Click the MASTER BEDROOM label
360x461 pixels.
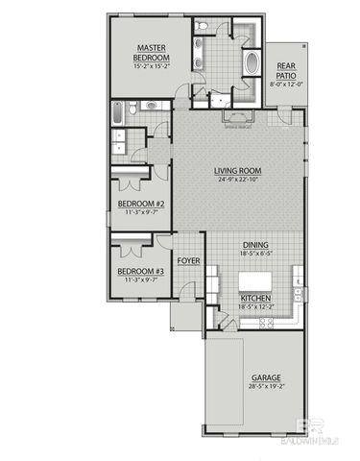pyautogui.click(x=154, y=47)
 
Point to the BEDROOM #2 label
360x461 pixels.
pyautogui.click(x=141, y=204)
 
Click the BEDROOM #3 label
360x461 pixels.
pyautogui.click(x=141, y=271)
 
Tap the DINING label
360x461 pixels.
pyautogui.click(x=255, y=244)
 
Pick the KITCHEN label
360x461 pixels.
pyautogui.click(x=255, y=299)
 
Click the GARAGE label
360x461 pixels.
pyautogui.click(x=265, y=377)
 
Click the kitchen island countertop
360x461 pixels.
pyautogui.click(x=256, y=280)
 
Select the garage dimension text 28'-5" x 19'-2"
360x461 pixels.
pyautogui.click(x=265, y=386)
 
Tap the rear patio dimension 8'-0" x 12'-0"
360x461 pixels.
pyautogui.click(x=285, y=85)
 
